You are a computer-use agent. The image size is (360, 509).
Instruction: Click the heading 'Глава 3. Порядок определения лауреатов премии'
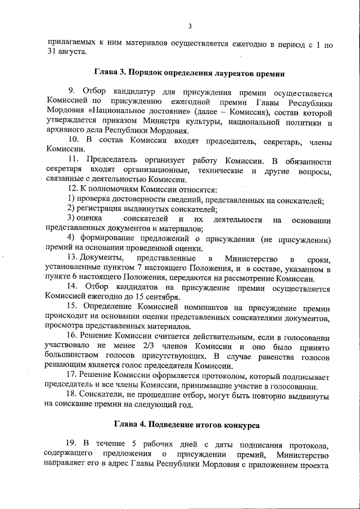tap(189, 73)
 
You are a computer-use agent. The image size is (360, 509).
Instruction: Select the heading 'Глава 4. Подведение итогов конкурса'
tap(188, 424)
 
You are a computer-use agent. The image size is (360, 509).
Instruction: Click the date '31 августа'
tap(66, 52)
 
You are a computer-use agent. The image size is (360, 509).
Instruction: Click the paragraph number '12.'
tap(73, 190)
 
